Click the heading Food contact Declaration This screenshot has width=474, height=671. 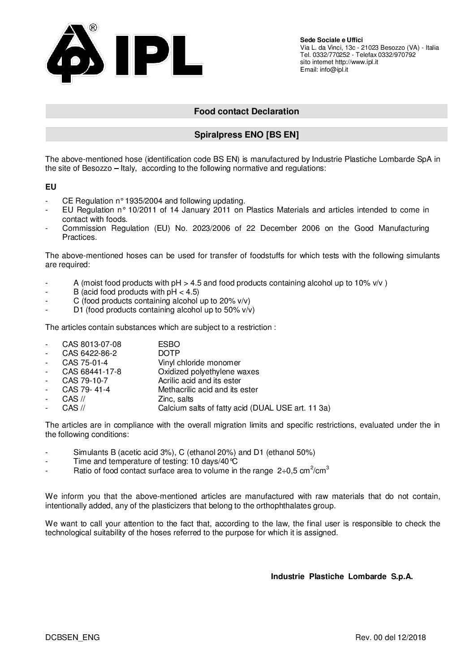pos(246,111)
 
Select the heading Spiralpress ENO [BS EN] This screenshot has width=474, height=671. pos(246,134)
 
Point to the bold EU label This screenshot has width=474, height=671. pos(51,186)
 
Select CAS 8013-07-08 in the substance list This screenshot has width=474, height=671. pos(91,344)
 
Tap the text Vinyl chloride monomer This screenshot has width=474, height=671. pos(199,363)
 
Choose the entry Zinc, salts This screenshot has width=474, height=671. pos(176,399)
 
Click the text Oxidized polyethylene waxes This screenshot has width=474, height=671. pos(208,372)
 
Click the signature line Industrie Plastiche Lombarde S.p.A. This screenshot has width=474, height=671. pos(341,576)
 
